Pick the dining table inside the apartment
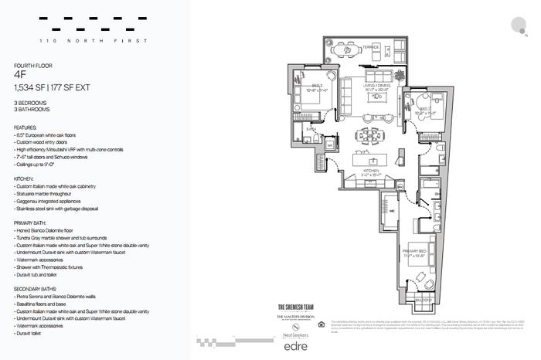(366, 140)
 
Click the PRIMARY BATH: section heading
(33, 222)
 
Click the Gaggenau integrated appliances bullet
(52, 200)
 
